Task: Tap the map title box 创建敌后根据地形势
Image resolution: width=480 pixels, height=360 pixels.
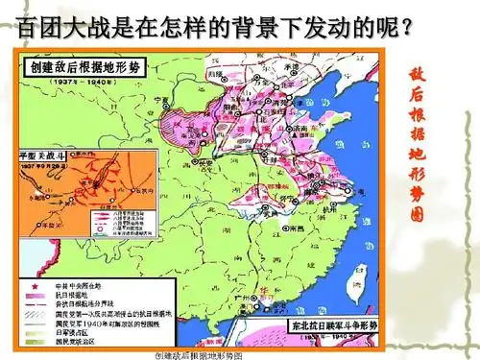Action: tap(87, 69)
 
